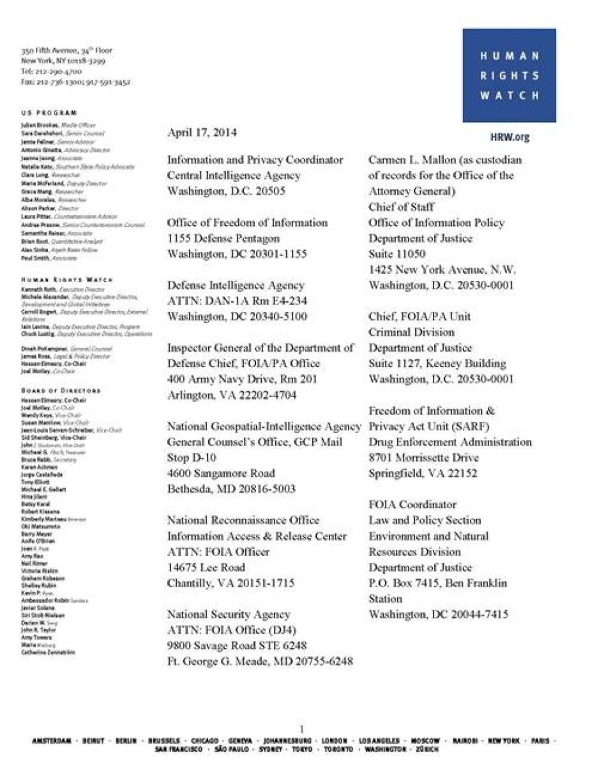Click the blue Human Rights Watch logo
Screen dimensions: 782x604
click(509, 75)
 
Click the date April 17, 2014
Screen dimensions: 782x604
click(202, 133)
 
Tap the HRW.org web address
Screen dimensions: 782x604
click(510, 137)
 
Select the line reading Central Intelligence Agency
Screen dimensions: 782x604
click(234, 176)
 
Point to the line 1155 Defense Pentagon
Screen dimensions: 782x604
click(223, 238)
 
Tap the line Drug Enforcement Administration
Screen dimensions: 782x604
click(449, 442)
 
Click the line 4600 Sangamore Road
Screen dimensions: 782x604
click(221, 473)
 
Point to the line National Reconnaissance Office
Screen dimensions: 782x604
click(243, 520)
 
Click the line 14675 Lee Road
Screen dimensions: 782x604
click(206, 568)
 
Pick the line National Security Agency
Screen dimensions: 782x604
click(229, 614)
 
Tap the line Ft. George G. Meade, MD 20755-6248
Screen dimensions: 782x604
click(260, 661)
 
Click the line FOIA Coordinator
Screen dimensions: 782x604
click(412, 504)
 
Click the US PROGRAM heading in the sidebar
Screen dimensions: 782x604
click(49, 113)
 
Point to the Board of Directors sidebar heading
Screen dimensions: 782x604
click(61, 390)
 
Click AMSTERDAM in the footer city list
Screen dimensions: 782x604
click(52, 741)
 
